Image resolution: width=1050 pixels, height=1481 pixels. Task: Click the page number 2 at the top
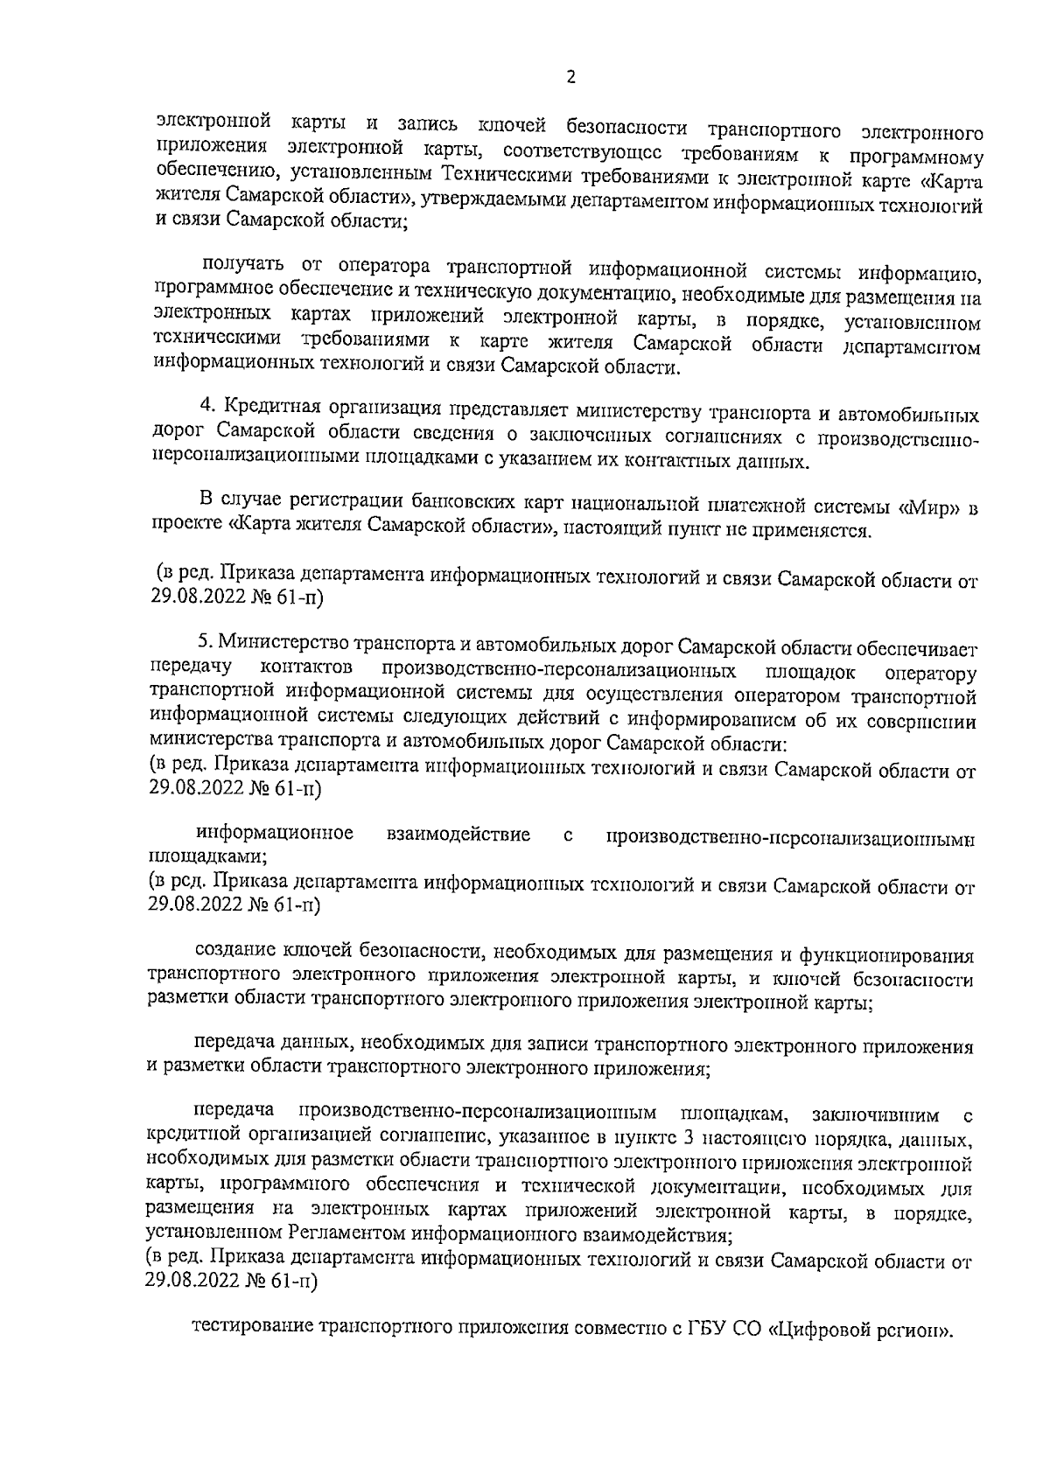click(571, 78)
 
